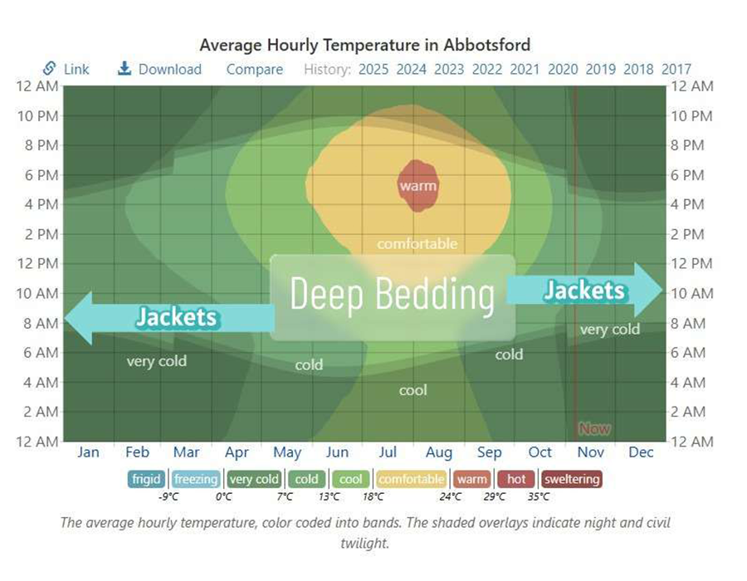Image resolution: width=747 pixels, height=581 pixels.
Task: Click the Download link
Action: click(160, 69)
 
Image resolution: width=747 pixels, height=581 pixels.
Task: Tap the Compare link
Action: click(255, 69)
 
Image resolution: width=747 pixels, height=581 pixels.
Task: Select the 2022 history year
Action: click(487, 69)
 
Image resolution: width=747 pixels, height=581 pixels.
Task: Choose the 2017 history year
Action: click(676, 69)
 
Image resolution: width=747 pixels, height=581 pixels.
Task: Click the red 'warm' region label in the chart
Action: click(417, 186)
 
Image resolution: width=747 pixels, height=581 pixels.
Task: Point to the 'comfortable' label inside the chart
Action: click(417, 244)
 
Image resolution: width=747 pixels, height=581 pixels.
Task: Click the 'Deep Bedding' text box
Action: click(392, 296)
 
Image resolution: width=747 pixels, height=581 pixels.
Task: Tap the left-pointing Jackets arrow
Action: click(166, 317)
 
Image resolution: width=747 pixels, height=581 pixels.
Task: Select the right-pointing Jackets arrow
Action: click(585, 290)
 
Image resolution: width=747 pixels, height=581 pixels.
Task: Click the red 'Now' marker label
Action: click(594, 428)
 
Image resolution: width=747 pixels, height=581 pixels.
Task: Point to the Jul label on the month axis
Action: click(388, 452)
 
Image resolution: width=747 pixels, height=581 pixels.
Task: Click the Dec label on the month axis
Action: click(641, 452)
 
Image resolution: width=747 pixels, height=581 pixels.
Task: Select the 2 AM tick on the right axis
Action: click(691, 412)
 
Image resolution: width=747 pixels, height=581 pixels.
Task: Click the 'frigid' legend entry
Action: click(146, 479)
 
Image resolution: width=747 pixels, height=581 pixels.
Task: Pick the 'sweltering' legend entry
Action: click(571, 479)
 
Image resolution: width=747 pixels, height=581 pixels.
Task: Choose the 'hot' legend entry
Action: click(516, 479)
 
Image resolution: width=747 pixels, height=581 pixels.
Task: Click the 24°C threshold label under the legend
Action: click(451, 497)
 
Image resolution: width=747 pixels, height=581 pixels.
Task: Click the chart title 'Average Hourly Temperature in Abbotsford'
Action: click(364, 44)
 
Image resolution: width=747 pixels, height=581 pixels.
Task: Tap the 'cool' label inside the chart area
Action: click(413, 390)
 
